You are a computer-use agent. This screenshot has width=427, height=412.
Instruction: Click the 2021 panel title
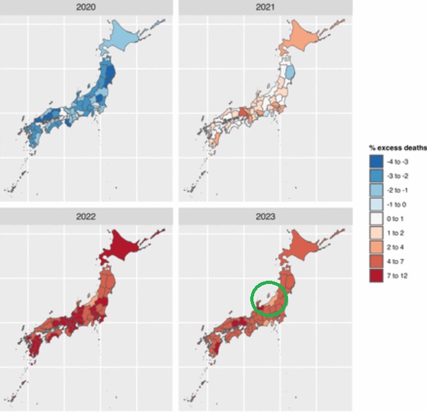265,7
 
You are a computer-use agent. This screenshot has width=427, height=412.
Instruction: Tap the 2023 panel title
265,216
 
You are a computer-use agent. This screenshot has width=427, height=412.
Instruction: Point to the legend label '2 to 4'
398,247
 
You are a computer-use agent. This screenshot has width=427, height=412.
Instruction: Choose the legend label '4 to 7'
398,261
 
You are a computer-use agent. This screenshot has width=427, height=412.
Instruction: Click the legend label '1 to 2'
398,233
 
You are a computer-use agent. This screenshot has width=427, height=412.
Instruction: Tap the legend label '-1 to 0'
399,204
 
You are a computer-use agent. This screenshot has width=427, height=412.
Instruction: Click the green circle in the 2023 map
268,298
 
